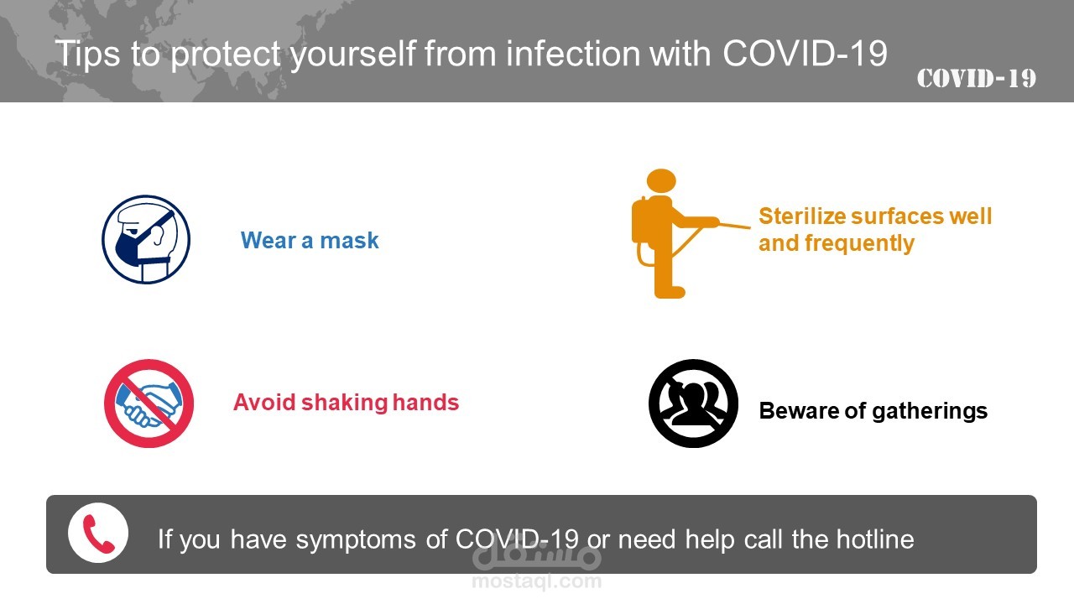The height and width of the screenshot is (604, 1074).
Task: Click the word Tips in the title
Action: click(87, 53)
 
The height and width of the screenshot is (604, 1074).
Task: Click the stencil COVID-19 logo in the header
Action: click(977, 79)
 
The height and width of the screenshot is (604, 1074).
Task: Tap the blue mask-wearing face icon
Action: click(146, 239)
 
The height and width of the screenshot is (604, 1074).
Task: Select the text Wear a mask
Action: click(310, 240)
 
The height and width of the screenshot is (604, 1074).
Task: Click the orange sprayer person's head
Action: click(661, 181)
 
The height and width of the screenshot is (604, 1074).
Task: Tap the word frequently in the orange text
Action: click(859, 243)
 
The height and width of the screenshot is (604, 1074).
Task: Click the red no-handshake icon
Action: click(149, 404)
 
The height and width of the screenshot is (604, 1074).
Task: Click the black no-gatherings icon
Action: click(693, 404)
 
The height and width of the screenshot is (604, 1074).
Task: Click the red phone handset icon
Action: click(98, 534)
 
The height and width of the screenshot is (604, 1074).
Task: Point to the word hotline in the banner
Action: click(875, 539)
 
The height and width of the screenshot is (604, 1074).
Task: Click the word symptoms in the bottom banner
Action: click(355, 540)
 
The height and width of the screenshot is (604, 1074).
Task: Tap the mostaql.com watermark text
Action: click(536, 581)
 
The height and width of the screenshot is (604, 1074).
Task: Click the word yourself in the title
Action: click(353, 55)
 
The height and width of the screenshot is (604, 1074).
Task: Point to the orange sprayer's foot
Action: click(670, 292)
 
